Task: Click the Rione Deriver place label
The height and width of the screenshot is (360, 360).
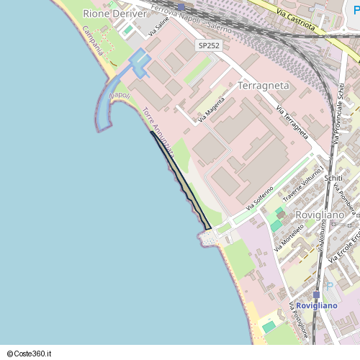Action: click(x=114, y=14)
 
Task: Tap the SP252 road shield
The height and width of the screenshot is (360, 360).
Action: click(x=210, y=45)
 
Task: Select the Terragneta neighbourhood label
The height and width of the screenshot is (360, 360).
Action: click(x=264, y=86)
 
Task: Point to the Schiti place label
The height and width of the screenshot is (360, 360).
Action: click(x=333, y=178)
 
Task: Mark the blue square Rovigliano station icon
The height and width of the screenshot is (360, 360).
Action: click(x=316, y=294)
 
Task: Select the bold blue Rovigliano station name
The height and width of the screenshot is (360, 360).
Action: click(x=317, y=306)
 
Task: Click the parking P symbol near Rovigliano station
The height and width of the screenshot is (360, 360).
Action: click(x=330, y=287)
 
